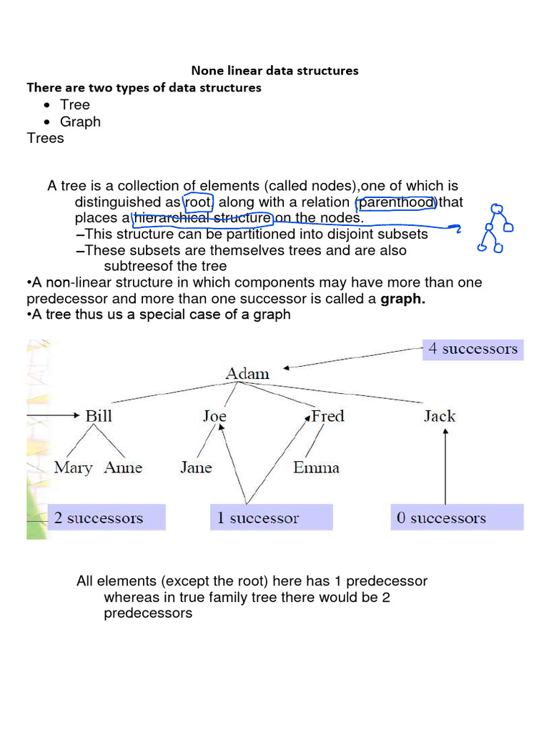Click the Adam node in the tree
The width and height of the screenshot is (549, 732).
tap(247, 373)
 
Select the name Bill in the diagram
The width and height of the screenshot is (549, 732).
tap(99, 416)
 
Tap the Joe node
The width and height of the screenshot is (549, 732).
tap(214, 416)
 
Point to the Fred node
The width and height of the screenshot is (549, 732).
tap(327, 416)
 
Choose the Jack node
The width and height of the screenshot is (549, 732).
tap(439, 416)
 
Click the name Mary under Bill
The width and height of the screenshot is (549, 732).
tap(74, 468)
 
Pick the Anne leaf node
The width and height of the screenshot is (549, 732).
tap(123, 468)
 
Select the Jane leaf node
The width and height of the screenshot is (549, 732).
tap(196, 468)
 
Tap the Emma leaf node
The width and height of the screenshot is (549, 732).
tap(316, 468)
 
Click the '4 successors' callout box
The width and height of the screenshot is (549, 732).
tap(473, 349)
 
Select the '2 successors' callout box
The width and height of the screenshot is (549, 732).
tap(99, 518)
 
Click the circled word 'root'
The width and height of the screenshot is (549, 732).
tap(198, 203)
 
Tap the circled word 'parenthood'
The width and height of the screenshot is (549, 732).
tap(396, 203)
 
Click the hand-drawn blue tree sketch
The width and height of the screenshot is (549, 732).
tap(495, 228)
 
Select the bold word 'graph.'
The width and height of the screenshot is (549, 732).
tap(403, 300)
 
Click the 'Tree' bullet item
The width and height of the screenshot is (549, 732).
tap(75, 105)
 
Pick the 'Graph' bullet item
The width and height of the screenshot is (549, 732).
tap(80, 122)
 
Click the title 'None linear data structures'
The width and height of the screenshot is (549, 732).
tap(274, 71)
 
